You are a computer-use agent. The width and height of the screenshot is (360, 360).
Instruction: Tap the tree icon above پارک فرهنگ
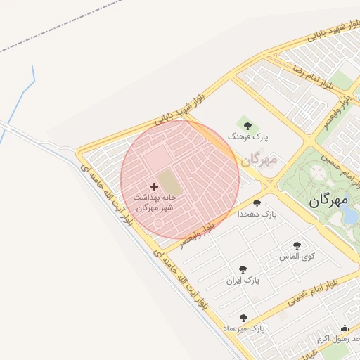(x=245, y=124)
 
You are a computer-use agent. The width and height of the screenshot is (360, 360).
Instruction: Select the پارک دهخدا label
(x=257, y=213)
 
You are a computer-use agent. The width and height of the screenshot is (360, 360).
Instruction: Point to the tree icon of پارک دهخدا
(x=257, y=203)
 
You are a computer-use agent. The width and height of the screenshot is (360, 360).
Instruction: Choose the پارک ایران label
(x=243, y=280)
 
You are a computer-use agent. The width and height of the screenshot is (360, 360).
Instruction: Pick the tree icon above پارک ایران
(x=243, y=269)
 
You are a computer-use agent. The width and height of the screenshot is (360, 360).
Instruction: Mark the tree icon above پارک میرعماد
(x=243, y=318)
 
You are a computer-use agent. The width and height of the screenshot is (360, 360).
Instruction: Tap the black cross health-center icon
(x=155, y=187)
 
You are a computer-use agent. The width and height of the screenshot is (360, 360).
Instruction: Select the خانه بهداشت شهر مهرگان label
(x=154, y=202)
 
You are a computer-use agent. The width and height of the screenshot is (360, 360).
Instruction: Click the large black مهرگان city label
(x=328, y=200)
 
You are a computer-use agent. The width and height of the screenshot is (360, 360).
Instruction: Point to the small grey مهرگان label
(x=259, y=160)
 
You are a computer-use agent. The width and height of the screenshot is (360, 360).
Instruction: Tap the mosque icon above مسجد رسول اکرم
(x=345, y=328)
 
